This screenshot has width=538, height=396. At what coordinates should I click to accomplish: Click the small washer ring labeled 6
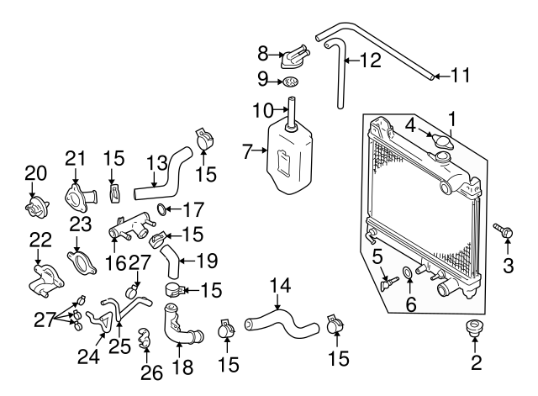[x=407, y=273]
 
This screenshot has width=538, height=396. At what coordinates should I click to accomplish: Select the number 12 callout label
[x=369, y=61]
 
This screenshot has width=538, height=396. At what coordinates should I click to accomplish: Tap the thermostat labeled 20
[x=35, y=206]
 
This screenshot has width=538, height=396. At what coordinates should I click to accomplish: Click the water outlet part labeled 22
[x=42, y=280]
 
